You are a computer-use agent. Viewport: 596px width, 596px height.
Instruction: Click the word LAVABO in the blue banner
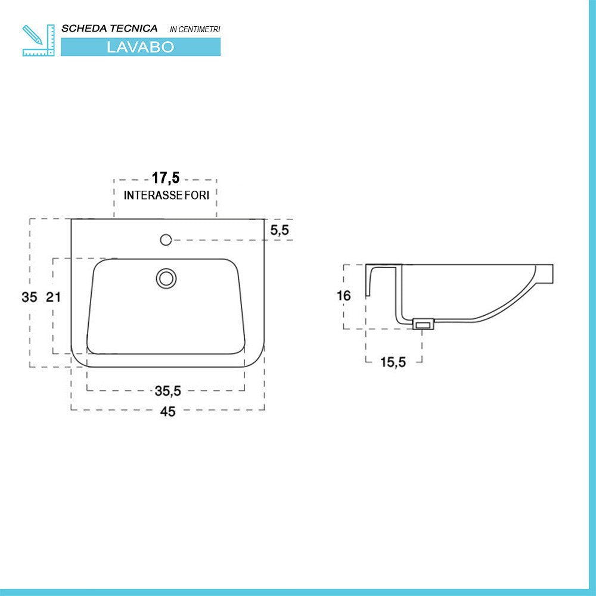coord(141,47)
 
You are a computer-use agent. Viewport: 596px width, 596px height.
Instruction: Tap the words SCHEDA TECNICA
coord(110,28)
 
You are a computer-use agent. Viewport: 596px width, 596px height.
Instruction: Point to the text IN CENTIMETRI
coord(195,29)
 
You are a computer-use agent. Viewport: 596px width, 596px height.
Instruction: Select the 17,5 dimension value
coord(165,178)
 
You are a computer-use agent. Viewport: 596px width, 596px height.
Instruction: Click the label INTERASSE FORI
coord(166,195)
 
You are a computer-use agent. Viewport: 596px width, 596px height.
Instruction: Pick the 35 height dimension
coord(29,296)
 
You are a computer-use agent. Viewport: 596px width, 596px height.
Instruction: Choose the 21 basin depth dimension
coord(54,296)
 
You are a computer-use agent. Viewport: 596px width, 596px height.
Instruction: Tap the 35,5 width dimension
coord(167,391)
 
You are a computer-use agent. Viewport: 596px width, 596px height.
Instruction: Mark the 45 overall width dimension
coord(168,411)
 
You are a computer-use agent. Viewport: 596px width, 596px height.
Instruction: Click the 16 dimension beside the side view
coord(343,296)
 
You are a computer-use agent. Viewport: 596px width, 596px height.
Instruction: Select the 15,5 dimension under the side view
coord(393,362)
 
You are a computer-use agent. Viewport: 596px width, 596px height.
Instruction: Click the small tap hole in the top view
coord(166,240)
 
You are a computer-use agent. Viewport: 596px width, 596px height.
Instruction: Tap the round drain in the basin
coord(166,278)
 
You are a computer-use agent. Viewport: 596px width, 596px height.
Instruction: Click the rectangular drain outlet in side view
coord(423,324)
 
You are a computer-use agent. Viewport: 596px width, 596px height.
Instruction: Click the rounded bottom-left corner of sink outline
coord(78,358)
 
